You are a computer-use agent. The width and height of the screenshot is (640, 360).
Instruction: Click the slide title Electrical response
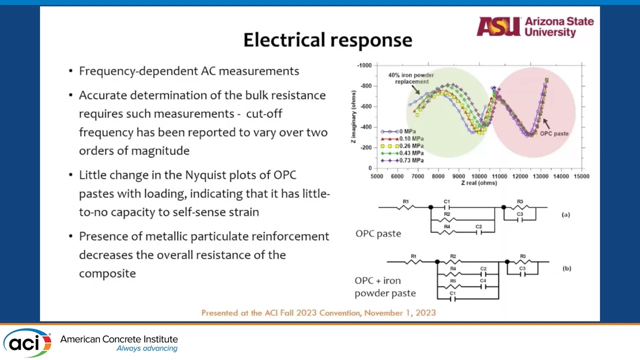click(x=327, y=40)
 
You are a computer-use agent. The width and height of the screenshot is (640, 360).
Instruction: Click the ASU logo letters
click(x=498, y=26)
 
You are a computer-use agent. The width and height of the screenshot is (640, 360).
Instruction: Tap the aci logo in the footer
click(x=27, y=343)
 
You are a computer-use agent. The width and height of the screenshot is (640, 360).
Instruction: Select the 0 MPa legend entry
click(x=407, y=131)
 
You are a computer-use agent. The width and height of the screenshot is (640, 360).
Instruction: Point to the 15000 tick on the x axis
click(x=581, y=176)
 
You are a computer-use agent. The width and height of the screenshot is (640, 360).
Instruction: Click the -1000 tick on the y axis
click(x=364, y=65)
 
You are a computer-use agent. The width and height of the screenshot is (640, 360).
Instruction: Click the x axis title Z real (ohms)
click(x=478, y=183)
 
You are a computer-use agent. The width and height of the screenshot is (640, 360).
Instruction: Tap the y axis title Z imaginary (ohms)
click(x=354, y=117)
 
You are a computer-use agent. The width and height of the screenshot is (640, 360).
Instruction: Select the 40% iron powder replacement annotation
click(x=411, y=78)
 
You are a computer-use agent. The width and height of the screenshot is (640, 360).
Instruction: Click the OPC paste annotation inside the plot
click(x=554, y=133)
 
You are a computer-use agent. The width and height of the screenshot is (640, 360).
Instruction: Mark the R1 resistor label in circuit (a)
click(x=406, y=202)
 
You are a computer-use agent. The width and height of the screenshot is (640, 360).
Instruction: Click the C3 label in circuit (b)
click(x=522, y=268)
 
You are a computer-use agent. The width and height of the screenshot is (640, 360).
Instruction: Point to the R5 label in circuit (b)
click(x=453, y=281)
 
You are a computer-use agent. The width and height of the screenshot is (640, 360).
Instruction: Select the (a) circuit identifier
click(x=565, y=214)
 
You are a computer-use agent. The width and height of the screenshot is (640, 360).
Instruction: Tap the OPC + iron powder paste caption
click(x=384, y=287)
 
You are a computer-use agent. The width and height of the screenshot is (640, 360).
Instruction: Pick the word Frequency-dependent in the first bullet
click(x=138, y=71)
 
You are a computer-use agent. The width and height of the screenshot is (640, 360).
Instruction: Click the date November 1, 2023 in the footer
click(x=399, y=313)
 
